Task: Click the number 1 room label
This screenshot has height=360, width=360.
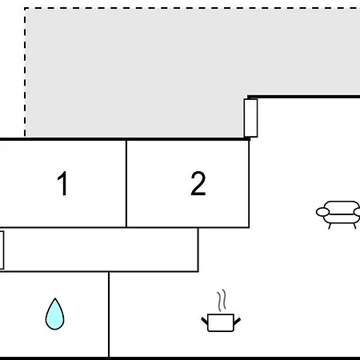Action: [x=62, y=183]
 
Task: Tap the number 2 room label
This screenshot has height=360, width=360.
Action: [x=198, y=183]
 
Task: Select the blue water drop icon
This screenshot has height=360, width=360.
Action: [x=54, y=314]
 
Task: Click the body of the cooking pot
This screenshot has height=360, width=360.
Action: [x=221, y=322]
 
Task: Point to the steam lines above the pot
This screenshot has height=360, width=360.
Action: [x=222, y=301]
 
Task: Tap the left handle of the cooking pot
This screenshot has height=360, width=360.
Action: [x=205, y=321]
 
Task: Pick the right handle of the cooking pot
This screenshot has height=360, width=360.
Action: [x=237, y=321]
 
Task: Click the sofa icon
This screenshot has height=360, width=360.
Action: [x=338, y=214]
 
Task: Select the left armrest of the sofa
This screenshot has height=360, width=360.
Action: [x=322, y=212]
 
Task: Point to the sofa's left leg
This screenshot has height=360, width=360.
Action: [x=330, y=226]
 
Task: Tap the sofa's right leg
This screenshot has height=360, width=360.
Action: [x=354, y=226]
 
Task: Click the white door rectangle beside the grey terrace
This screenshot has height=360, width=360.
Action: [x=250, y=118]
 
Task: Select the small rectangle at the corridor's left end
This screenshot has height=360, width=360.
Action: [x=2, y=250]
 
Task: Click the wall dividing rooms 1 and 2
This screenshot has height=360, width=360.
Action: [x=126, y=184]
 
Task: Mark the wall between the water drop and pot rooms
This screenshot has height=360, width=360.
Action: [x=109, y=314]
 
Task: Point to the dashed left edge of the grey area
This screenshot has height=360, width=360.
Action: [x=25, y=72]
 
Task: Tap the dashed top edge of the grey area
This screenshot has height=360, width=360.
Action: [x=192, y=8]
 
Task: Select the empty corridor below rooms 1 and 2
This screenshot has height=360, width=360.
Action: [x=101, y=250]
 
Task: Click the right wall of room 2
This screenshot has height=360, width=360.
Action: [x=249, y=184]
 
